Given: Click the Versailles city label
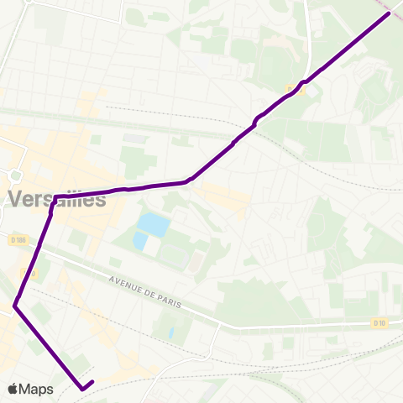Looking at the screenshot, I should tap(57, 199).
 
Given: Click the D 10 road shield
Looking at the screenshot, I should tap(379, 322).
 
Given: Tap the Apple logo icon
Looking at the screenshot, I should tap(13, 389).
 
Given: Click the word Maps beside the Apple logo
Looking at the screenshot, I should tap(37, 389).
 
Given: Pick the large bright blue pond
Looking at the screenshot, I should tap(153, 224).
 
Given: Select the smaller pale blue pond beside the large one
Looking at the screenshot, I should tap(139, 241).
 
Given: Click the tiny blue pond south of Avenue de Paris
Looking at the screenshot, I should tap(170, 332).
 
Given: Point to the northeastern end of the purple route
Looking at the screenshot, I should tap(388, 13).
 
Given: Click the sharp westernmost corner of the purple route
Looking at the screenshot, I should tap(15, 306).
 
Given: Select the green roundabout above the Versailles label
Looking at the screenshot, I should tap(14, 175).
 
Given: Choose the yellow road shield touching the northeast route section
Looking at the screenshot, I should tap(291, 88).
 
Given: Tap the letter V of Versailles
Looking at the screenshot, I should tap(15, 200).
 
